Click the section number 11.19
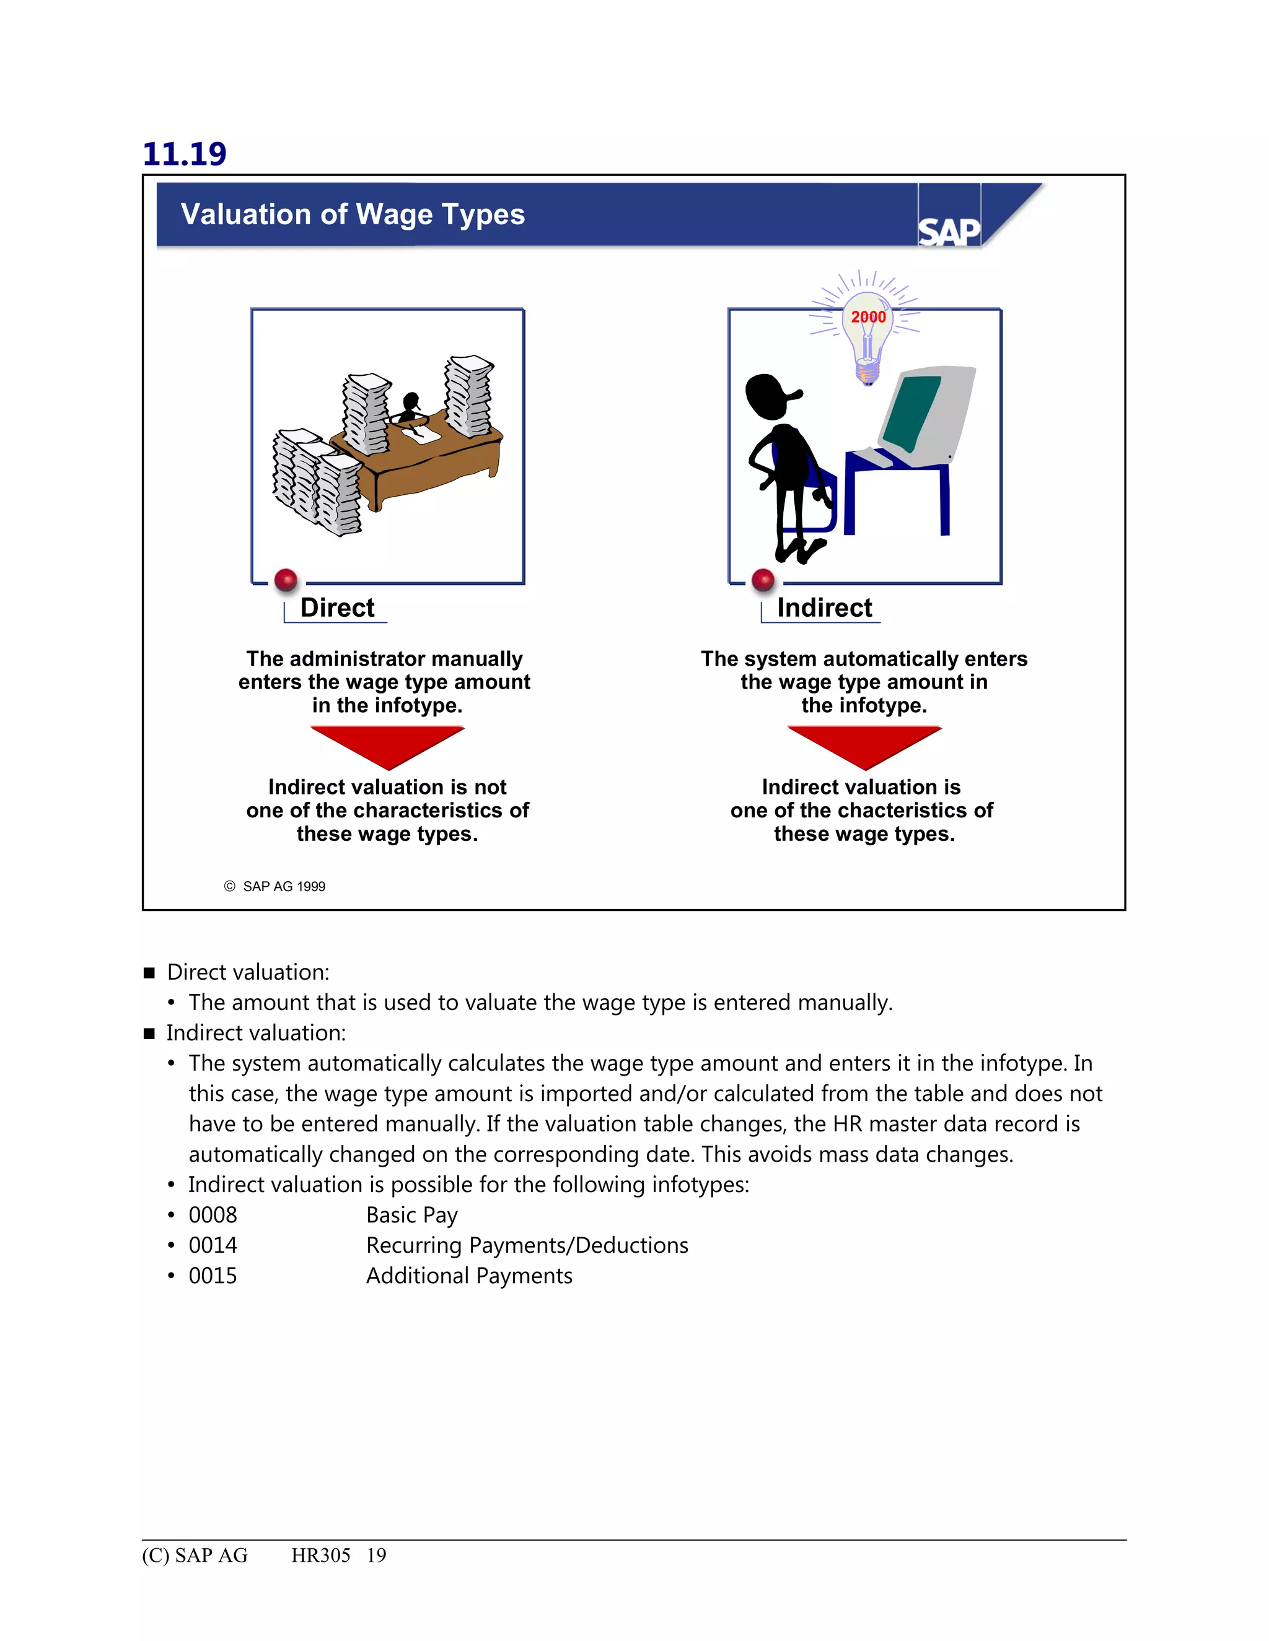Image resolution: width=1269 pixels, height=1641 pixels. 184,154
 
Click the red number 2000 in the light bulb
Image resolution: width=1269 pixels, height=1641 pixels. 868,317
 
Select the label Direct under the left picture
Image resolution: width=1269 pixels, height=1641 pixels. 337,608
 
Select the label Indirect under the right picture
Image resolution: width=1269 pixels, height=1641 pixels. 824,608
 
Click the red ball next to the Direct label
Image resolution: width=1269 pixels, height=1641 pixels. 286,580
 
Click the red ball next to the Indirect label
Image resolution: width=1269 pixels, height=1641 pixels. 762,580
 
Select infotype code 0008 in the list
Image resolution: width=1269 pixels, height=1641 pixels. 213,1215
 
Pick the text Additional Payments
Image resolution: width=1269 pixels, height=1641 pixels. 469,1276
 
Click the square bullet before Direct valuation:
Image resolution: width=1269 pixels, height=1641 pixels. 149,973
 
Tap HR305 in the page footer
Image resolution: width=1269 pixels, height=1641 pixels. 320,1556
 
